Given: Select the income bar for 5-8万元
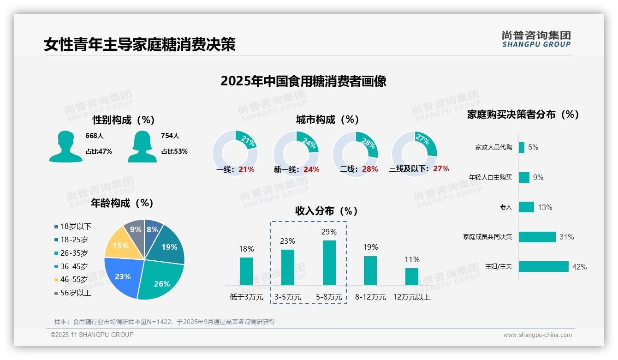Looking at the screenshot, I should pos(329,263).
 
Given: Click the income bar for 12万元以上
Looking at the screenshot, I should pos(412,276).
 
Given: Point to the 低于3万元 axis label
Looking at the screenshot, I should pos(246,297).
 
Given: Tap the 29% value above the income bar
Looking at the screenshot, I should pos(329,232).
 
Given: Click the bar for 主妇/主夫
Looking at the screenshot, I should pos(544,267).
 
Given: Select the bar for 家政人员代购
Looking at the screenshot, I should pos(522,147).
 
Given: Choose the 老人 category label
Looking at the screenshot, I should pos(506,207).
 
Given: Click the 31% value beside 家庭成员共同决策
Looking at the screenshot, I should pos(566,237).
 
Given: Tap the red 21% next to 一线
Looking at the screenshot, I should pos(246,169).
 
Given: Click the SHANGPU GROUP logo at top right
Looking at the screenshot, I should pos(536,39).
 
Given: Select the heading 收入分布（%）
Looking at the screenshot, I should pos(327,211).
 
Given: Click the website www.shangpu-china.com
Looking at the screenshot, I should pos(537,335).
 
